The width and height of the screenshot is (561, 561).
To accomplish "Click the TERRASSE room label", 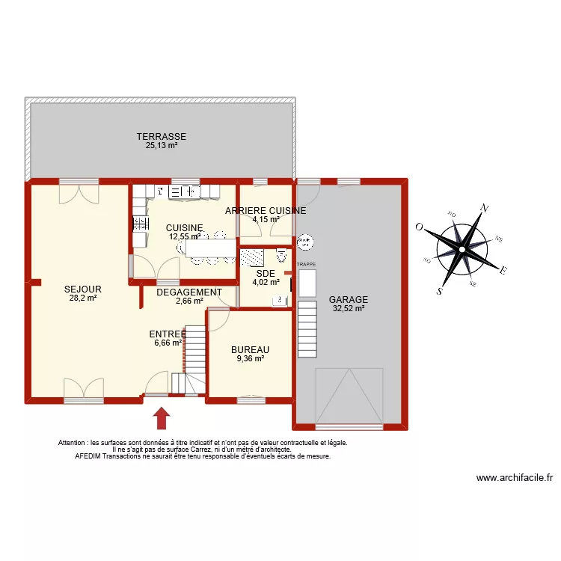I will pyautogui.click(x=161, y=137).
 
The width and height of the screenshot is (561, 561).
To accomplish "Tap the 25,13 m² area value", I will pyautogui.click(x=161, y=146).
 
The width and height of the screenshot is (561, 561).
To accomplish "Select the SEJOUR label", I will pyautogui.click(x=82, y=289).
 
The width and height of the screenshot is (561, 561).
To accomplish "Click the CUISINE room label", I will pyautogui.click(x=184, y=227).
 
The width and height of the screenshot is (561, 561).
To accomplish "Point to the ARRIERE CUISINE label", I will pyautogui.click(x=266, y=211).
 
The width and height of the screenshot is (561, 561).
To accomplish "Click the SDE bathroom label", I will pyautogui.click(x=266, y=274).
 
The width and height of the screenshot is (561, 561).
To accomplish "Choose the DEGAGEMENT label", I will pyautogui.click(x=188, y=292).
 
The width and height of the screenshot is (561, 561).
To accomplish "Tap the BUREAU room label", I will pyautogui.click(x=250, y=349).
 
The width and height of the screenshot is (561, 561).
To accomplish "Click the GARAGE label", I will pyautogui.click(x=349, y=300).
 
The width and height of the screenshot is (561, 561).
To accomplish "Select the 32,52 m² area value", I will pyautogui.click(x=349, y=308).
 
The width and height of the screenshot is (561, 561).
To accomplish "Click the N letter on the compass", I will pyautogui.click(x=485, y=209).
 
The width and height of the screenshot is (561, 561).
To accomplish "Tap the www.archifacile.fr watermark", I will pyautogui.click(x=514, y=479).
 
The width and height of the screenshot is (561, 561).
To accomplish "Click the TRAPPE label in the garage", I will pyautogui.click(x=307, y=265).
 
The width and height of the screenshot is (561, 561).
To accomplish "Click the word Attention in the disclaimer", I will pyautogui.click(x=73, y=443).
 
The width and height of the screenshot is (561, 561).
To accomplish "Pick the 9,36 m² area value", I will pyautogui.click(x=250, y=358).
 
